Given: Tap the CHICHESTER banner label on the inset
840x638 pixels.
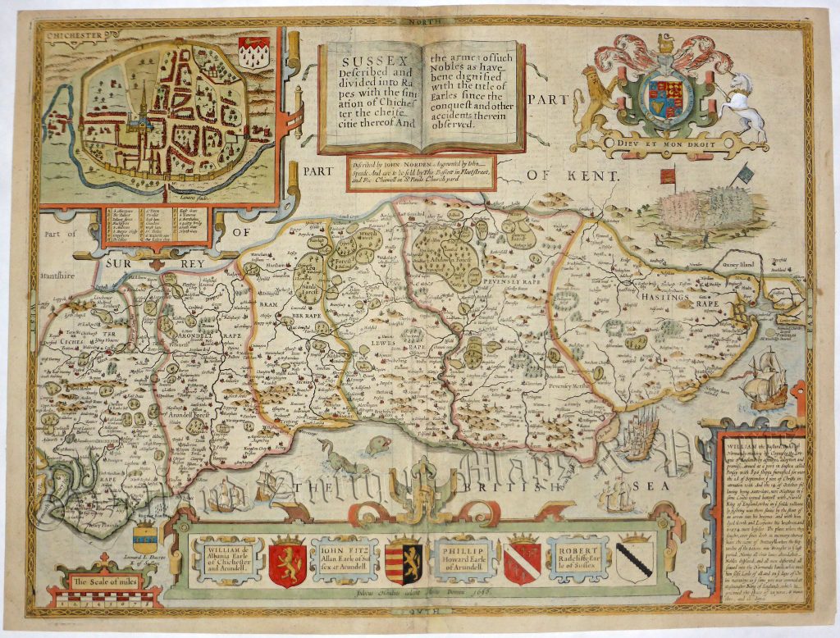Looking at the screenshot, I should click(x=71, y=36).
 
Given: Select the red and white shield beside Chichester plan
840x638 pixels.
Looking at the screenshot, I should click(x=253, y=52).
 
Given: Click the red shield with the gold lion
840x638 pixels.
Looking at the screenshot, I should click(x=287, y=561).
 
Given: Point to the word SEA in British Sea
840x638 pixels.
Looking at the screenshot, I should click(x=654, y=485).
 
